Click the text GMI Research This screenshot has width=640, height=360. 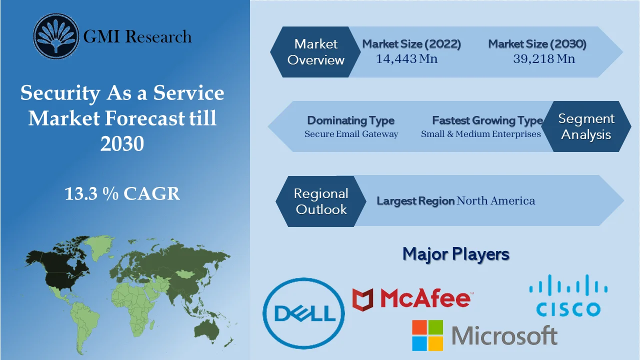point(137,36)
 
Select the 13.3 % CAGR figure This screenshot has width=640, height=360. point(122,193)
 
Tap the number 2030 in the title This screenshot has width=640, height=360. point(122,143)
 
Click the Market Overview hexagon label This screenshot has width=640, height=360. point(316,52)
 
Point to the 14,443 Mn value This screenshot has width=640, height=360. point(406,59)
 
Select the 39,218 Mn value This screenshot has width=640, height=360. point(543,59)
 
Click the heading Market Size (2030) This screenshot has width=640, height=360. point(537,44)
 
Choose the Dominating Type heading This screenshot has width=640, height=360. point(350,120)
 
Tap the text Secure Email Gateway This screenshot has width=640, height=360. point(351,134)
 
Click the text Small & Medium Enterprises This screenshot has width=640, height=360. point(480,134)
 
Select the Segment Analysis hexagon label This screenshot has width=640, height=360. point(586,126)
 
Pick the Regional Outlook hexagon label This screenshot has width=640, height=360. point(321,201)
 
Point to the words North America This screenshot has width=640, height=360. point(495,201)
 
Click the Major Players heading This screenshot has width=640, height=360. point(455,254)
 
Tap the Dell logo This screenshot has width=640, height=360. point(304,313)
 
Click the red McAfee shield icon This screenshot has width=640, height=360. point(363,299)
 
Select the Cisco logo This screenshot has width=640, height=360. point(568,295)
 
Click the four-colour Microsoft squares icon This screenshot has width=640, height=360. point(427,335)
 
